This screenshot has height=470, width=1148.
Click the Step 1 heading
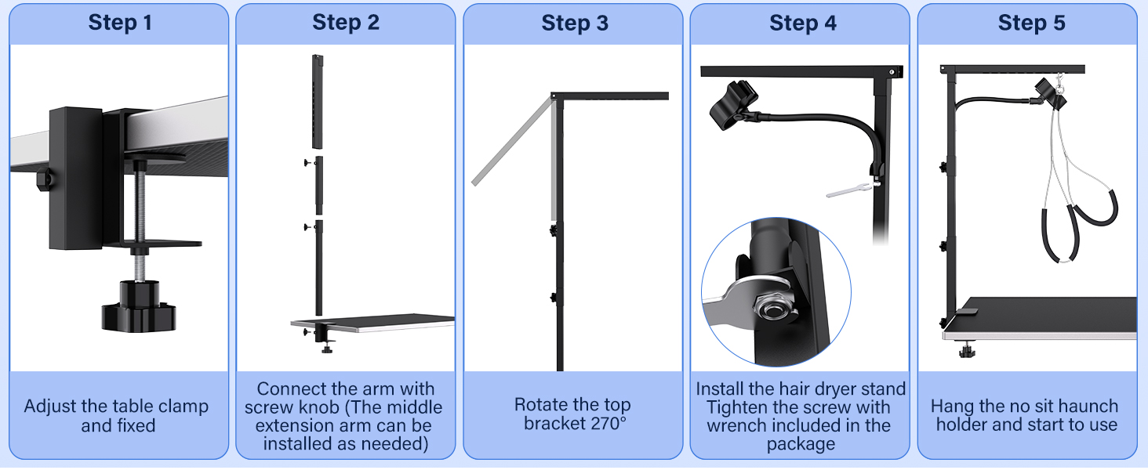(x=120, y=23)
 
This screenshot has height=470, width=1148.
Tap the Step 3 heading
(x=575, y=23)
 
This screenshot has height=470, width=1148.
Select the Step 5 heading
(x=1031, y=23)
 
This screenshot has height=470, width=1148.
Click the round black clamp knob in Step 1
(x=139, y=306)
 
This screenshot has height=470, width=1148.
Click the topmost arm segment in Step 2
(x=317, y=102)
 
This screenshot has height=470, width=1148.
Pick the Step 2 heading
(x=346, y=23)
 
